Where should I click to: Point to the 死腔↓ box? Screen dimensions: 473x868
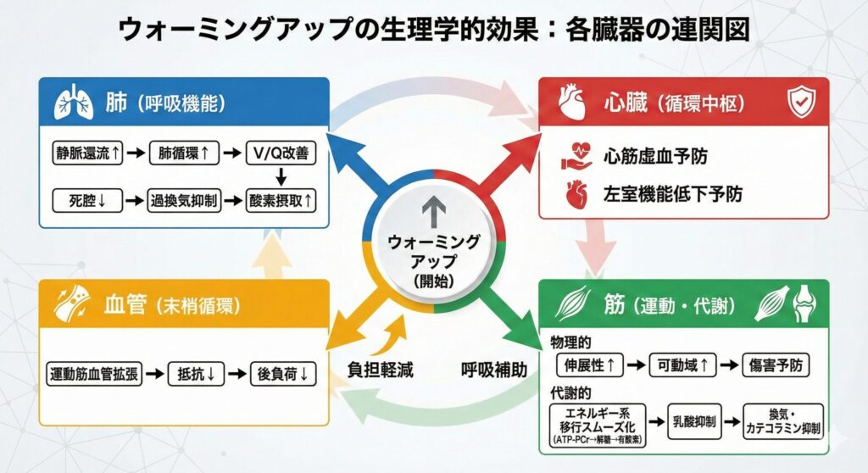coord(82,201)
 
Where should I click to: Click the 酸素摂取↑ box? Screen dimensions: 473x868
coord(281,201)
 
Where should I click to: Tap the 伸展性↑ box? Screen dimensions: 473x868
coord(590,365)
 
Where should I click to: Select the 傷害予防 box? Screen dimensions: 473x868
coord(776,365)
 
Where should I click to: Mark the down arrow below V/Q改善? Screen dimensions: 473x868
coord(281,178)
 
